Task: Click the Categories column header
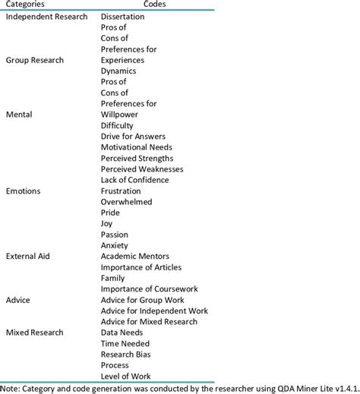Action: coord(24,5)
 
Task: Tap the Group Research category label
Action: coord(34,59)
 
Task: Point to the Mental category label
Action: coord(18,115)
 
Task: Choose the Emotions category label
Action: coord(23,191)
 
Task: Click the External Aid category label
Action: coord(27,257)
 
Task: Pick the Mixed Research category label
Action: coord(35,333)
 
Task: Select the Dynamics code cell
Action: coord(119,71)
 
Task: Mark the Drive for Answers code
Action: coord(134,136)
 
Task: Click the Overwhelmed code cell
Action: coord(126,202)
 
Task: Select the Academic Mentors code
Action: coord(134,257)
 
